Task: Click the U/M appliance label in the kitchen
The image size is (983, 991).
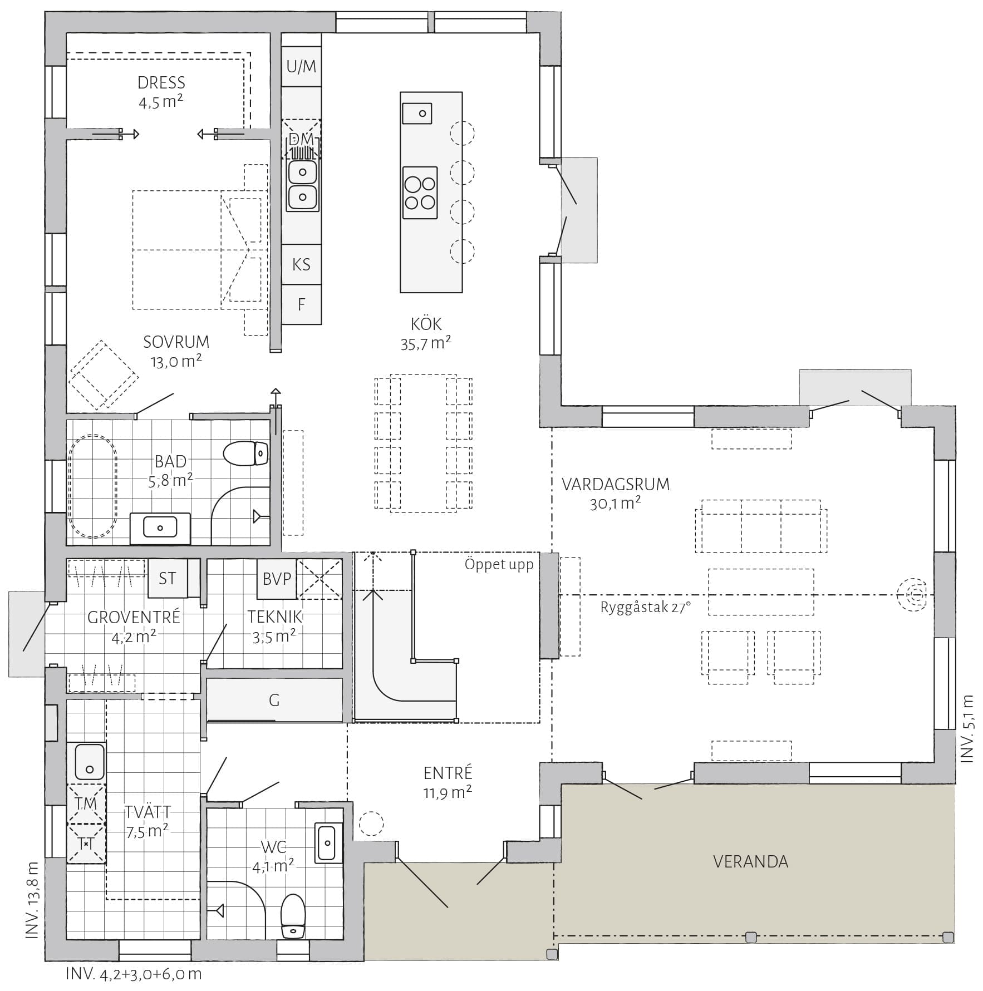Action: point(301,67)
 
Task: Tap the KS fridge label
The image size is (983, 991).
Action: point(301,264)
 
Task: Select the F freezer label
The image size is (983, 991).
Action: point(301,304)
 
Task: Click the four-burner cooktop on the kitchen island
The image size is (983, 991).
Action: point(420,193)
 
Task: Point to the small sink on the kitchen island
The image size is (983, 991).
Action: point(417,113)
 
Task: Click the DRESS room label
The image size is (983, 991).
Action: point(161,83)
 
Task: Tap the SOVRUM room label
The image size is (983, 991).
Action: point(176,342)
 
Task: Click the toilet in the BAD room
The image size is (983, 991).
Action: point(246,453)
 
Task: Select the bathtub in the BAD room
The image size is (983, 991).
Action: point(93,486)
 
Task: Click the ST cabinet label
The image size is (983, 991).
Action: point(167,579)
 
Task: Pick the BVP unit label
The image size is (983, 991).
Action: point(277,579)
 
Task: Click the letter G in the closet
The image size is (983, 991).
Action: point(274,700)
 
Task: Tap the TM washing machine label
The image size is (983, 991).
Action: point(86,803)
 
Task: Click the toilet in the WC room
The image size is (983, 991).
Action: point(293,916)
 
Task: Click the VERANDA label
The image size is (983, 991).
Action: point(750,862)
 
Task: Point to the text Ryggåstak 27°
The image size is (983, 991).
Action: point(646,607)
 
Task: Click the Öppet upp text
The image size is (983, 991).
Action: point(499,565)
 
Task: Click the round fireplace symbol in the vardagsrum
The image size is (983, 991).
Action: point(911,595)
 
